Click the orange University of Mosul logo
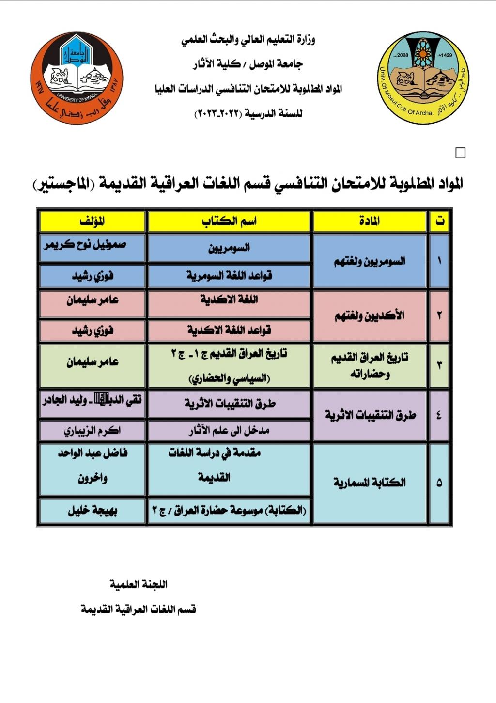(77, 78)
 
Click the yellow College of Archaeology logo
(424, 78)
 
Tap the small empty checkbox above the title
(461, 153)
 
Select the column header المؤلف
(92, 221)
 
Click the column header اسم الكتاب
(229, 221)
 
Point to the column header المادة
(370, 221)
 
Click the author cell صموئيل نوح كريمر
(92, 246)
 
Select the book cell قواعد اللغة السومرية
(229, 276)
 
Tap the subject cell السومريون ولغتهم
(370, 262)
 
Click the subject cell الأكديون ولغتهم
(370, 316)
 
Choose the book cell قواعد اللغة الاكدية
(229, 331)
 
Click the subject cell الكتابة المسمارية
(370, 483)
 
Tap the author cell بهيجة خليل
(92, 511)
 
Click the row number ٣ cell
(439, 365)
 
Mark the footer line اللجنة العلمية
(139, 585)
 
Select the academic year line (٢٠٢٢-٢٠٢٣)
(248, 114)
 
